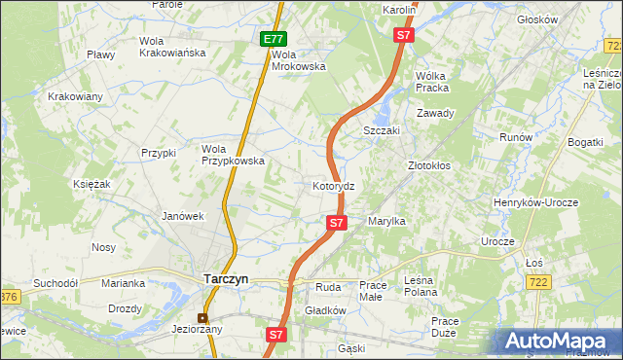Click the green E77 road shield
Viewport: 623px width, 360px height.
click(274, 39)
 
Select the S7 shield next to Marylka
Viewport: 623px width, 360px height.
click(336, 223)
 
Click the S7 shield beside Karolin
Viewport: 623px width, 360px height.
click(405, 35)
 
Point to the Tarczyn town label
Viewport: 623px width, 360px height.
click(226, 278)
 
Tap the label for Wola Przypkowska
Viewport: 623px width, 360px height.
click(233, 156)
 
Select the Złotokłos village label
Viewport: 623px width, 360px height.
click(428, 166)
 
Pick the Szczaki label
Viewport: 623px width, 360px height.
click(383, 130)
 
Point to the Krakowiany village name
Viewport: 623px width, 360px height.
click(76, 96)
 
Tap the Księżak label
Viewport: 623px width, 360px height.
click(91, 183)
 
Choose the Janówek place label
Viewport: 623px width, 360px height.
click(182, 216)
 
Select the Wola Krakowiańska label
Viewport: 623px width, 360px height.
click(173, 47)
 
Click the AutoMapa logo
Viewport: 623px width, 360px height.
click(559, 342)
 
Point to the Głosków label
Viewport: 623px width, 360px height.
click(565, 18)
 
